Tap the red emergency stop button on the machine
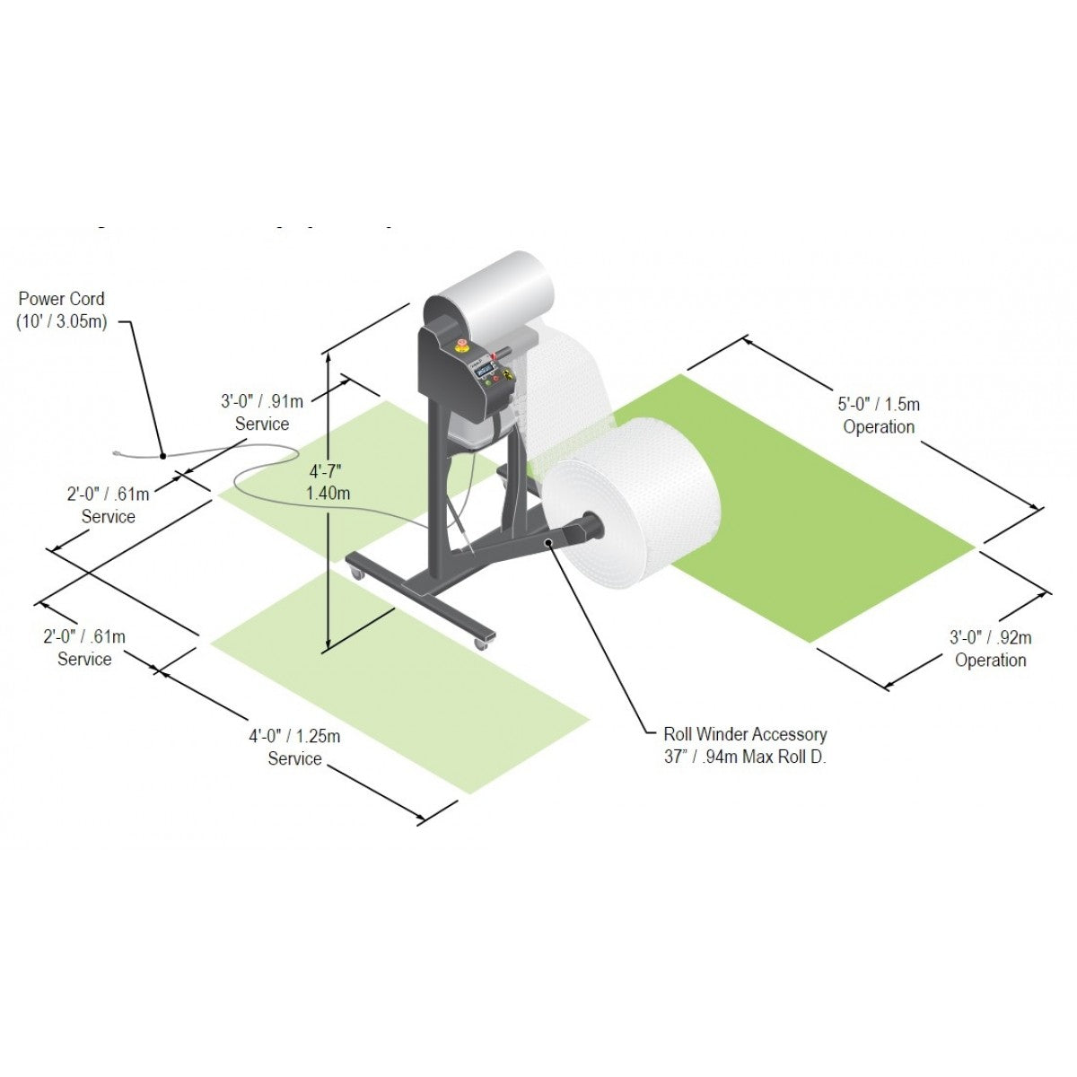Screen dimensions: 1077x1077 coord(463,344)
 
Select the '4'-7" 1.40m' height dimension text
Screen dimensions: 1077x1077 coord(328,482)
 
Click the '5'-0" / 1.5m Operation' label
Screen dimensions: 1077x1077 coord(880,416)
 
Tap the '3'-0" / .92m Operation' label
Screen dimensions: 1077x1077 coord(990,648)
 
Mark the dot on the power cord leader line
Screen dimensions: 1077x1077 coord(162,456)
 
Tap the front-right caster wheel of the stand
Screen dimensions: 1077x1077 coord(482,642)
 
